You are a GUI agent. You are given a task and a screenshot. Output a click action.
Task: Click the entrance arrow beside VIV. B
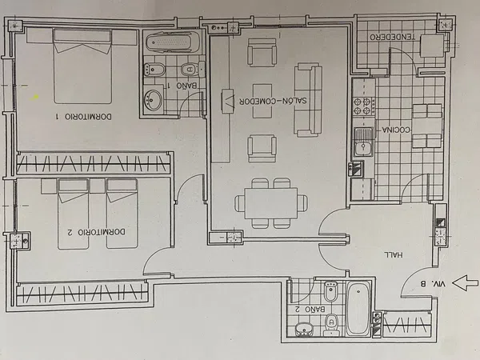(x=465, y=282)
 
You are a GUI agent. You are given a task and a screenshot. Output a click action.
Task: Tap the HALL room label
(x=394, y=254)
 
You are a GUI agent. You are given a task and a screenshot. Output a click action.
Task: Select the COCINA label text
(x=396, y=130)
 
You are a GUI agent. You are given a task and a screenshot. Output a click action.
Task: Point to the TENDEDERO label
(x=393, y=38)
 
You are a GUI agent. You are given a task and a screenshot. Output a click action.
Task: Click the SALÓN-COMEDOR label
(x=273, y=101)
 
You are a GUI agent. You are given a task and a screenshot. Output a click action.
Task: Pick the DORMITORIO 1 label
(x=83, y=117)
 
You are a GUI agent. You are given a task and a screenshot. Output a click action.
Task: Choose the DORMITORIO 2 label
(x=97, y=232)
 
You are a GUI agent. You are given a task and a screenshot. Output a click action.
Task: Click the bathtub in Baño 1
(x=173, y=42)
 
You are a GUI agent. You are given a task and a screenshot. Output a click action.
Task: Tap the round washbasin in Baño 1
(x=153, y=100)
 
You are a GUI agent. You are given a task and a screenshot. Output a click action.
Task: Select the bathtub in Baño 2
(x=358, y=308)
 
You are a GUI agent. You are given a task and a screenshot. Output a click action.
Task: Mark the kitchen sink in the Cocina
(x=364, y=142)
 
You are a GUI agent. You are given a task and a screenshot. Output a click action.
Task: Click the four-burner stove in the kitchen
(x=364, y=106)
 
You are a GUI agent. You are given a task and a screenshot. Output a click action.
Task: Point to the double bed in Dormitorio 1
(x=82, y=66)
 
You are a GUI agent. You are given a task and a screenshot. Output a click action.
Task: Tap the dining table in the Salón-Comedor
(x=271, y=203)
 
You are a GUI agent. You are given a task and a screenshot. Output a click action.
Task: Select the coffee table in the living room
(x=262, y=101)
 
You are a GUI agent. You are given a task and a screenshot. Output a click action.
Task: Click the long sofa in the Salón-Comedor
(x=308, y=99)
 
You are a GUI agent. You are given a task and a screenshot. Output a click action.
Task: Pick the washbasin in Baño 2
(x=304, y=329)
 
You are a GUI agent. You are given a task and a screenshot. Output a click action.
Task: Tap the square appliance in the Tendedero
(x=432, y=46)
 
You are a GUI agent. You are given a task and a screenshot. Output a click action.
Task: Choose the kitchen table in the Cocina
(x=427, y=126)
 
